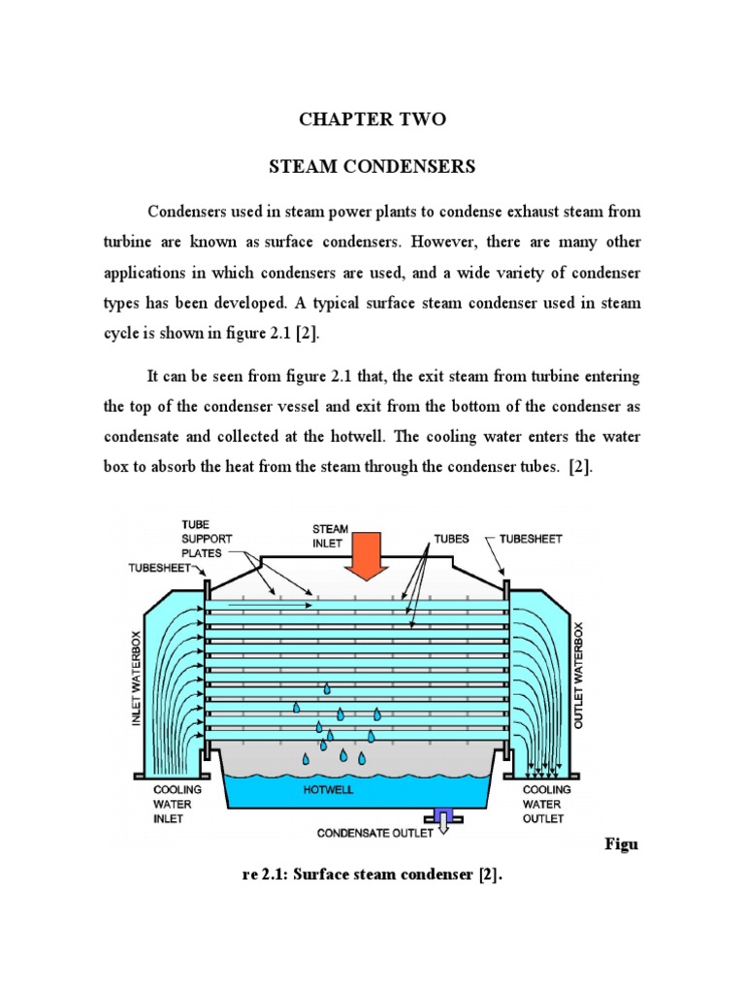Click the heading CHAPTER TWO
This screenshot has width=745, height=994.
click(372, 119)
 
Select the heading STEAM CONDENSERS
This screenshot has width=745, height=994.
click(372, 167)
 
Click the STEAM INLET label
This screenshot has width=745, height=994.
click(330, 536)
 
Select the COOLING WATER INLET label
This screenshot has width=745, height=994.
click(173, 804)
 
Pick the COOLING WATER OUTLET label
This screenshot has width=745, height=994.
click(546, 804)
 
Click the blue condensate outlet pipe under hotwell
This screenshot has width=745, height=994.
click(443, 817)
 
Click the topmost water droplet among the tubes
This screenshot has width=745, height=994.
click(327, 688)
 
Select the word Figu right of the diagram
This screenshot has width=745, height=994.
click(620, 845)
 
